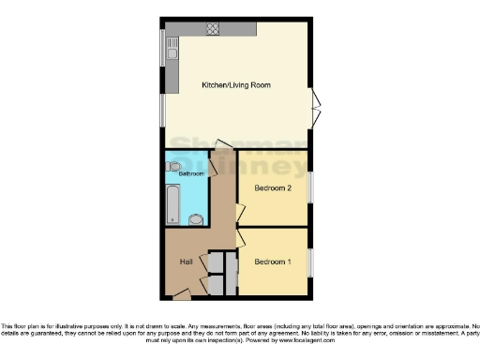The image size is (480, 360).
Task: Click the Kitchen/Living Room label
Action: [236, 85]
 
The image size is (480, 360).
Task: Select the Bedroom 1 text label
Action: [272, 262]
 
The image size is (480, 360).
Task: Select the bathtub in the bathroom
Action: [172, 204]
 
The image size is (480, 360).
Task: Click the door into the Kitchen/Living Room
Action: [223, 144]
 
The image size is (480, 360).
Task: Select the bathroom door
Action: [213, 166]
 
